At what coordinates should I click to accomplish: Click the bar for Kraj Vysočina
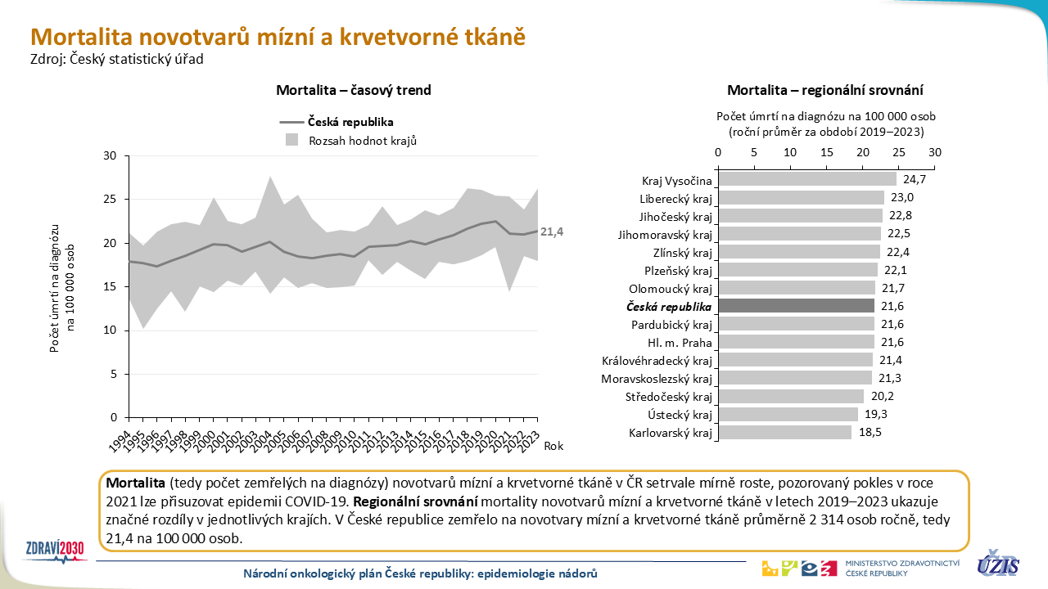click(806, 180)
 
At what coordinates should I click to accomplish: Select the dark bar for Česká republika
click(796, 306)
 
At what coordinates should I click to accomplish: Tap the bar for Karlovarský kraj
click(784, 432)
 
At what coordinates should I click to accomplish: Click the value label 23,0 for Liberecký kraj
click(901, 198)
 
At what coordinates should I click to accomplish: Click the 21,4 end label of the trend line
click(553, 232)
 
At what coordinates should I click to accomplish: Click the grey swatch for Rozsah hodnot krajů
click(291, 140)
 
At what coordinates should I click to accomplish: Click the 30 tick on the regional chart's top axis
click(935, 152)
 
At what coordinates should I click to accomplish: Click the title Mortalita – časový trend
click(354, 90)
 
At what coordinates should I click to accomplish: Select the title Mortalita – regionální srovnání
click(825, 90)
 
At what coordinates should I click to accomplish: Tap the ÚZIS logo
click(998, 564)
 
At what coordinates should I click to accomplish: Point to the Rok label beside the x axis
click(553, 446)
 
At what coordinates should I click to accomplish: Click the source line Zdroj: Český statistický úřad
click(116, 58)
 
